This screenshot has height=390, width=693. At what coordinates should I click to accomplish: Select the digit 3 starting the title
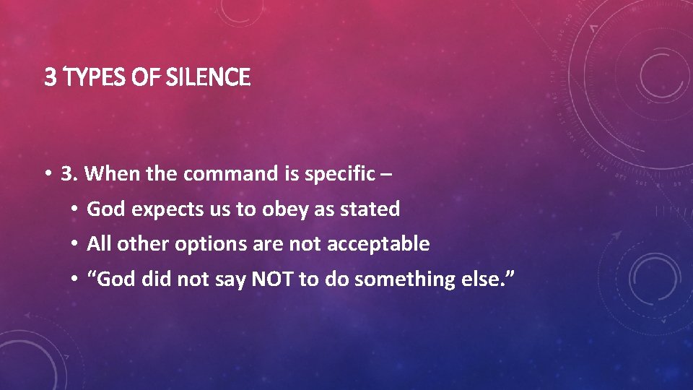click(49, 77)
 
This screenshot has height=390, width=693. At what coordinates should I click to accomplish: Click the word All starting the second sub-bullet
click(99, 244)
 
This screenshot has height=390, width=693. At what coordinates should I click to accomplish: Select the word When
click(117, 174)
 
